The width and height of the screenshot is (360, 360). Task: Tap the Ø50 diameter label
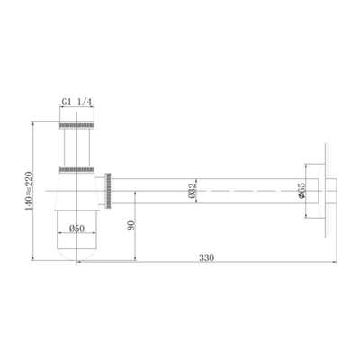[77, 229]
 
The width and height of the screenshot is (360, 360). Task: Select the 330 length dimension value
[208, 257]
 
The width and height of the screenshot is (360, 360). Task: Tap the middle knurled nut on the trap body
[76, 168]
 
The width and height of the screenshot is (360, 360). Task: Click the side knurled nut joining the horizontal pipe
[110, 189]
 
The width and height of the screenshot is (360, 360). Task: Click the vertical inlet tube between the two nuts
[76, 147]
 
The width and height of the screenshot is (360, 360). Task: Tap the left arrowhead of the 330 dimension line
[77, 263]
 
